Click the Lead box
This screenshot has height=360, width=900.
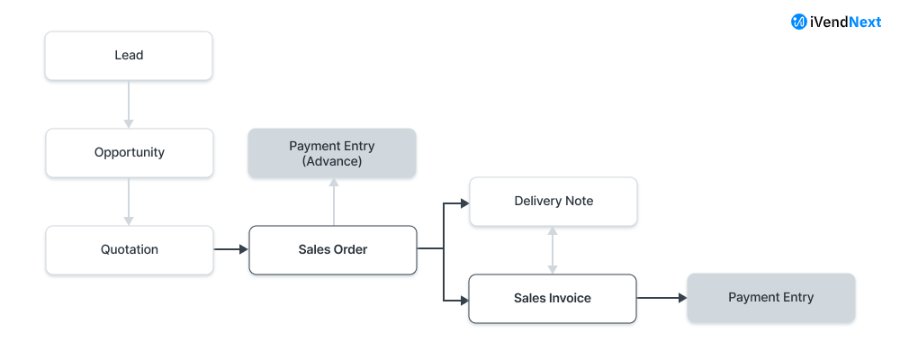point(129,55)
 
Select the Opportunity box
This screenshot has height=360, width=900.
point(129,152)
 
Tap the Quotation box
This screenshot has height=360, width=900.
point(129,249)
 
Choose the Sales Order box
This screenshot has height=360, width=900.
point(332,249)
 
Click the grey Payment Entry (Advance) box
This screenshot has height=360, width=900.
point(332,152)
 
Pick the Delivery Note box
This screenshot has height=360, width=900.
point(553,201)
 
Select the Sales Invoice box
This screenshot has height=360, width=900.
point(553,298)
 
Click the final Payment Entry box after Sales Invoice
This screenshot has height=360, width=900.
point(770,298)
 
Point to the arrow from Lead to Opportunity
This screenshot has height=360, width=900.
point(129,103)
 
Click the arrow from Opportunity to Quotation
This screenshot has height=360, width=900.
point(129,201)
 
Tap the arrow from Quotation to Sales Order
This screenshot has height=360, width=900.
point(230,249)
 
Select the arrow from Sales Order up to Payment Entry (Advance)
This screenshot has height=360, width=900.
point(334,201)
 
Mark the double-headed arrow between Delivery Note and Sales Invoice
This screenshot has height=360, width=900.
point(553,249)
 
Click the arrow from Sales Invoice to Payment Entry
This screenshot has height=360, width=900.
point(661,298)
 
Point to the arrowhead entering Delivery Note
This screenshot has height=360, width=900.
point(464,202)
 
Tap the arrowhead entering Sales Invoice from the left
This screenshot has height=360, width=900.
point(464,298)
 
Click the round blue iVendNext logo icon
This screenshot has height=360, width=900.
point(798,22)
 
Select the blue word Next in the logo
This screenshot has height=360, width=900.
point(864,22)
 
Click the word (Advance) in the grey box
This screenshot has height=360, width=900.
point(332,161)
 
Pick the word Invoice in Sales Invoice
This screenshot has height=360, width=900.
point(571,298)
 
